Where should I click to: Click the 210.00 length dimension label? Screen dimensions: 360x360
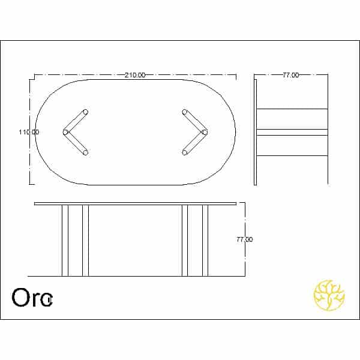(135, 75)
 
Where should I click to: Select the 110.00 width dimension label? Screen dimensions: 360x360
(29, 132)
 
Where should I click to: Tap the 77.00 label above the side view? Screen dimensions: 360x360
(290, 75)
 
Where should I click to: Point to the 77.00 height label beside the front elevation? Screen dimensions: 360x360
(245, 239)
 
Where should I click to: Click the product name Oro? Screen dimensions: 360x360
(32, 298)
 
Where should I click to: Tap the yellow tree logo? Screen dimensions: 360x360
(329, 295)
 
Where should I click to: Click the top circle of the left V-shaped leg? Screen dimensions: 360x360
(85, 112)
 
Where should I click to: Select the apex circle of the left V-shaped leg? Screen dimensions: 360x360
(65, 132)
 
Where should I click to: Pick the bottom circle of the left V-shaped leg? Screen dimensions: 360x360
(85, 152)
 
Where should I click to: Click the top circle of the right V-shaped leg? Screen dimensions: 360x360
(185, 112)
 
